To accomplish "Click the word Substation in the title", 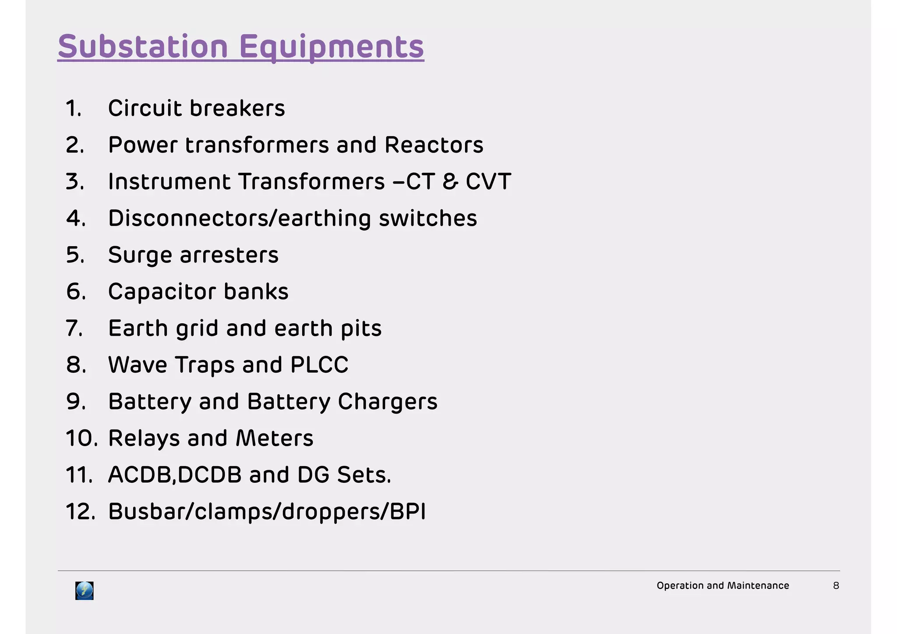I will (x=143, y=46).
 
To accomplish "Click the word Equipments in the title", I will (x=332, y=47).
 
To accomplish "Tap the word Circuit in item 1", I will (x=145, y=108).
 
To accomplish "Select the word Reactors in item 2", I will (x=434, y=145).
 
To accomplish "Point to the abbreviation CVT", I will (x=488, y=181).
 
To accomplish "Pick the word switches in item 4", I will (x=427, y=218).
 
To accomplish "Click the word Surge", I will (x=140, y=255).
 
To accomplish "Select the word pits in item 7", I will (x=361, y=329).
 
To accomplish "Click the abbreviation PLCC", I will (x=319, y=365).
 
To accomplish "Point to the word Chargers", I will (x=387, y=402).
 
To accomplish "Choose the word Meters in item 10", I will (x=274, y=438).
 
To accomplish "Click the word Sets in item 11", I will (x=364, y=475).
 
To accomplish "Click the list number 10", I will (x=81, y=438).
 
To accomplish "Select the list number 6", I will (x=76, y=292).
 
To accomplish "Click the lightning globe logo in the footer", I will (x=84, y=591).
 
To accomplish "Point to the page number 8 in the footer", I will (x=836, y=586).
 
